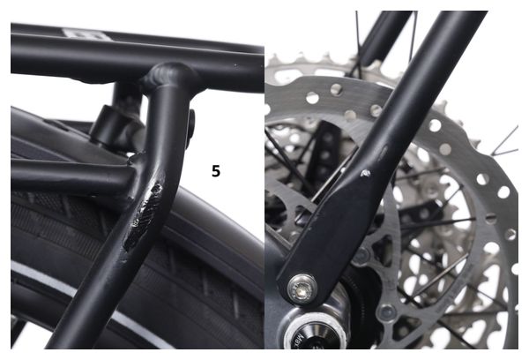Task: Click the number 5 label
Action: [216, 170]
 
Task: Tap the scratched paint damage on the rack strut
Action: [145, 209]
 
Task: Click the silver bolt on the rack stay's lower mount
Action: [302, 285]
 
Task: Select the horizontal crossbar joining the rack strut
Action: [62, 177]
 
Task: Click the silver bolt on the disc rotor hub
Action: [385, 311]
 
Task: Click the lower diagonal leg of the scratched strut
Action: [97, 291]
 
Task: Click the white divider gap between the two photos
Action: [264, 176]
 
